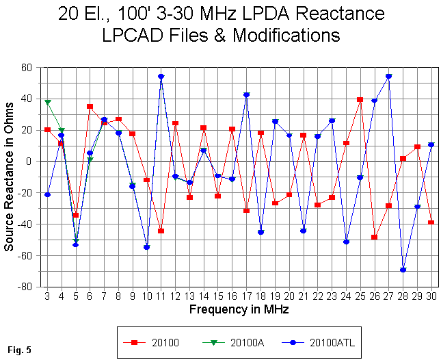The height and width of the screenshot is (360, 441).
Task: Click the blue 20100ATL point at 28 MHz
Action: tap(403, 270)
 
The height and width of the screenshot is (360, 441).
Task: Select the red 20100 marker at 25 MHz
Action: tap(360, 99)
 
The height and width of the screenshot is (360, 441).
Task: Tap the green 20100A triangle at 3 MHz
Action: tap(47, 102)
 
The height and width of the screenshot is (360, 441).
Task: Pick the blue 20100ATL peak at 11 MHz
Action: tap(161, 77)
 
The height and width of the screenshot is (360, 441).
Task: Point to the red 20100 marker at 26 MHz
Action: tap(375, 237)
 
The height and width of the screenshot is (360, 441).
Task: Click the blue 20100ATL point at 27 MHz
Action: tap(388, 77)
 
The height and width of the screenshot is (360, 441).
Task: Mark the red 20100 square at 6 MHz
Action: tap(90, 106)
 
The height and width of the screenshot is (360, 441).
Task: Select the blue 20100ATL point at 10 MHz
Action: tap(146, 247)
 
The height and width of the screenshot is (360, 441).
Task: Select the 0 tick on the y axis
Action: tap(32, 162)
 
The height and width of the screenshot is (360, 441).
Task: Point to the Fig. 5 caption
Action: tap(18, 350)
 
